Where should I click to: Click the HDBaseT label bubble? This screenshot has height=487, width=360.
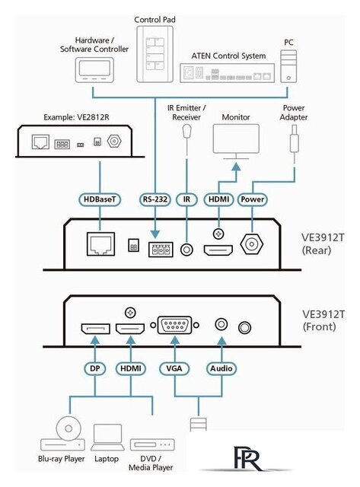(x=100, y=199)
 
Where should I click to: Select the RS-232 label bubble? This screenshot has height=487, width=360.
(x=155, y=199)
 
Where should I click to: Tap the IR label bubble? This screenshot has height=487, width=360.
(x=186, y=199)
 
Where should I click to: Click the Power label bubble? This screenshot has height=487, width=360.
(x=252, y=199)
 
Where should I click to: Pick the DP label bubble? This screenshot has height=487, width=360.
(x=94, y=368)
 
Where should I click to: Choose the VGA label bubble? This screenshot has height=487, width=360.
(x=174, y=368)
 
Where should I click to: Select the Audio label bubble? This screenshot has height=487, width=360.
(x=221, y=368)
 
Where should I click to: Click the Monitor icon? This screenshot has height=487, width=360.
(x=236, y=142)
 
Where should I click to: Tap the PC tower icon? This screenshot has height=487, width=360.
(x=288, y=66)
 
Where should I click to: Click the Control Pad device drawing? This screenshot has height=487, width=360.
(x=155, y=54)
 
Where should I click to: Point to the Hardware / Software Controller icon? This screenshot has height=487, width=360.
(x=94, y=70)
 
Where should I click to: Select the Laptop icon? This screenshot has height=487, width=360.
(x=107, y=438)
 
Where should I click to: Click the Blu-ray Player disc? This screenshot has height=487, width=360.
(x=68, y=428)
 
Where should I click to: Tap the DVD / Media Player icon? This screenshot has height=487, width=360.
(x=152, y=444)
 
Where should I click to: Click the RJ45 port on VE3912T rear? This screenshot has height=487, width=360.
(x=100, y=243)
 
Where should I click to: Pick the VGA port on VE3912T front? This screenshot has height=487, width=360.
(x=174, y=325)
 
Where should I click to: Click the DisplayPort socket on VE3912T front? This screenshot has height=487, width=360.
(x=95, y=329)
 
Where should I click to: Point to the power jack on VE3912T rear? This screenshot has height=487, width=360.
(x=252, y=243)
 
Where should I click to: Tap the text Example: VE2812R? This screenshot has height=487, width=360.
(x=76, y=117)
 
